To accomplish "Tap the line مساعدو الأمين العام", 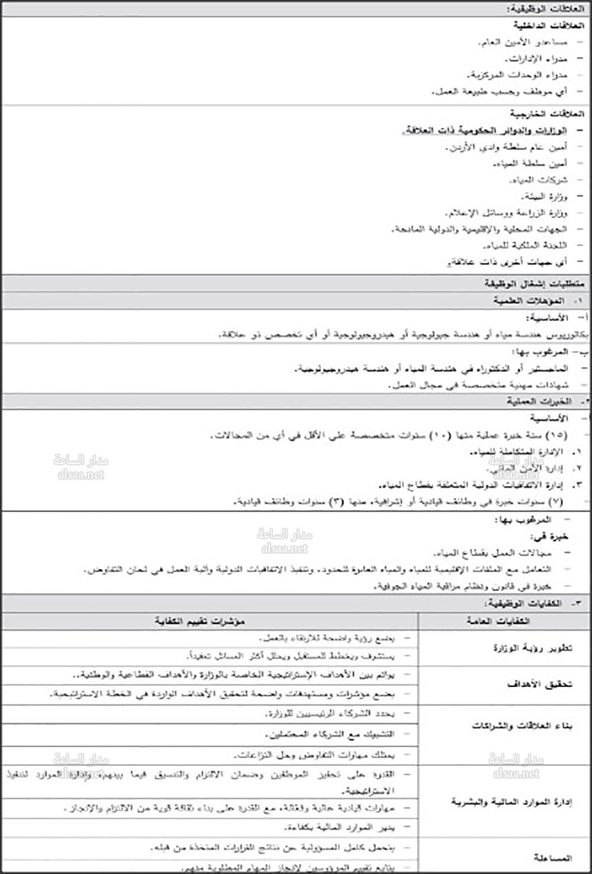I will (x=523, y=43).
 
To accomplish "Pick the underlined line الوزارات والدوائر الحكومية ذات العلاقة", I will (x=485, y=130).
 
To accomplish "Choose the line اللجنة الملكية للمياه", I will (x=525, y=245).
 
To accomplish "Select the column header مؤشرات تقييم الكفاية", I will (x=200, y=621).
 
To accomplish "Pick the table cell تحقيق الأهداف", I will (x=539, y=684).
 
